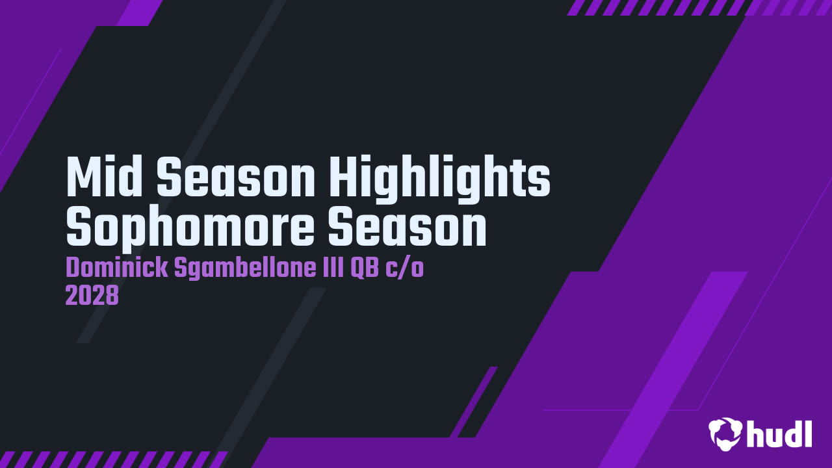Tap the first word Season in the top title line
(x=236, y=176)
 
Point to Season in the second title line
(x=408, y=227)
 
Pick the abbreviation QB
(x=365, y=268)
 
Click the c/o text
(x=404, y=268)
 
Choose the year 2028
(x=92, y=296)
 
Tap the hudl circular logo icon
(x=725, y=434)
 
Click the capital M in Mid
(x=84, y=176)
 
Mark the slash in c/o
(x=404, y=268)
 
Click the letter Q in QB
(x=357, y=268)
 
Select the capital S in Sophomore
(x=79, y=227)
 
